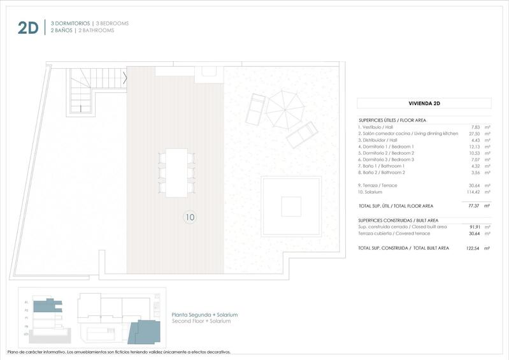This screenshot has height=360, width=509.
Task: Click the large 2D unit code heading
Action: tap(28, 27)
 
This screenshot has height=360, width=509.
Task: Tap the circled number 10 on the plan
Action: tap(189, 217)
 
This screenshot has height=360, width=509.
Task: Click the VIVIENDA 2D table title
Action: tap(424, 103)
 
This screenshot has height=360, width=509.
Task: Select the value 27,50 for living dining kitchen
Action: tap(475, 134)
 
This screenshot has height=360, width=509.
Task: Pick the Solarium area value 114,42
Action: tap(473, 192)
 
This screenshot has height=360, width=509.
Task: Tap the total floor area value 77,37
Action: tap(474, 206)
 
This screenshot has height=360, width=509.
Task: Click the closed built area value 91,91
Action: tap(475, 227)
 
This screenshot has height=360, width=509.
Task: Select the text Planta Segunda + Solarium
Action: tap(204, 315)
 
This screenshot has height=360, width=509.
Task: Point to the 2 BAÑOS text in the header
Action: tap(62, 31)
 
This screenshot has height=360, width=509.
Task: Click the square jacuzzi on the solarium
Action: tap(290, 206)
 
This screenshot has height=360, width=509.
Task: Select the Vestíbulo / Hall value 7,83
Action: tap(476, 127)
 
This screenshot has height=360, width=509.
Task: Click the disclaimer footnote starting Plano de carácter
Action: tap(118, 352)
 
